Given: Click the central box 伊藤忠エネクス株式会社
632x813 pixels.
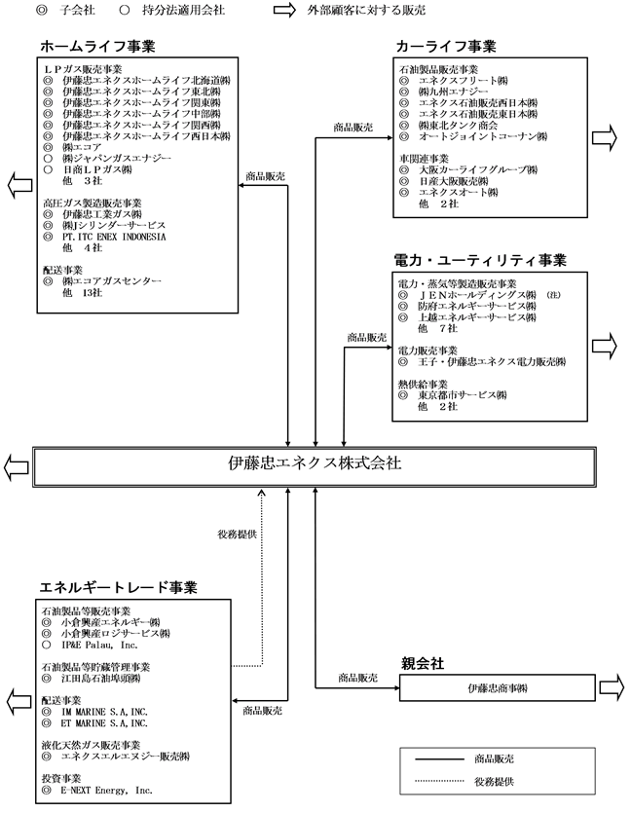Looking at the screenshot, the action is [x=315, y=466].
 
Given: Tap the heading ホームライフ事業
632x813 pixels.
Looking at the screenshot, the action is [x=97, y=46].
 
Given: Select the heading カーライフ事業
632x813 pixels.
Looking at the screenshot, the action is [x=446, y=46].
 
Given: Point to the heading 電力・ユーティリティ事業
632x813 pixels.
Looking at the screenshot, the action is [x=480, y=260].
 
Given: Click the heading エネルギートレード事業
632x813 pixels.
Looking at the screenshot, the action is [x=118, y=587].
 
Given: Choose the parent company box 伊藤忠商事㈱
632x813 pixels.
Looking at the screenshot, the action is [x=498, y=688].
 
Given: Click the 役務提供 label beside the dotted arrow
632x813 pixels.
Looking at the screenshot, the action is [x=237, y=535].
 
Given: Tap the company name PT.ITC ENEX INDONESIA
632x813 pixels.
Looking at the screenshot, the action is [x=114, y=237].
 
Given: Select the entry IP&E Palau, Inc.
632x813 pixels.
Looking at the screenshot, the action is [x=99, y=645].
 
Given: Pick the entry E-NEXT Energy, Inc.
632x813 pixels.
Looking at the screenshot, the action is [x=106, y=791].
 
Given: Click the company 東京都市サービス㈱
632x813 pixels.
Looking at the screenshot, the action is [x=463, y=395].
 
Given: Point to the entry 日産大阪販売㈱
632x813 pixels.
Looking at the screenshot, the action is [x=454, y=181].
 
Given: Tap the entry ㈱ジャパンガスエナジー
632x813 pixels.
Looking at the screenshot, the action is [x=117, y=158].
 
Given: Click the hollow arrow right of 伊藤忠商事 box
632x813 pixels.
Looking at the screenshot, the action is [x=612, y=687].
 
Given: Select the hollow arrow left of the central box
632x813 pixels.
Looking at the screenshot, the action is [x=17, y=467].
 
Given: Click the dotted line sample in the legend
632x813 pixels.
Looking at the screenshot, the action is [x=439, y=781].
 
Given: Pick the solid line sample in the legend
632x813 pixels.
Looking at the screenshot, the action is [x=439, y=759].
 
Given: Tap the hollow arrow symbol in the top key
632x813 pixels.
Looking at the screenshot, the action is [x=284, y=10].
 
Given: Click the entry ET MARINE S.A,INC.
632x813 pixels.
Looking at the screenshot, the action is [x=104, y=723].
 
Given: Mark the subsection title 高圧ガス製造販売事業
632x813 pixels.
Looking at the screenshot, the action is [x=93, y=203].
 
